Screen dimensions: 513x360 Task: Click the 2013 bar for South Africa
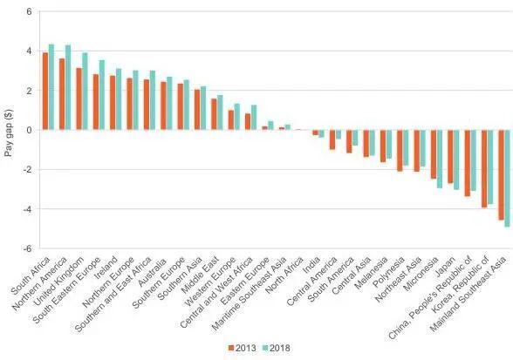click(x=45, y=91)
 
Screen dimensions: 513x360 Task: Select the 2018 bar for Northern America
click(x=68, y=87)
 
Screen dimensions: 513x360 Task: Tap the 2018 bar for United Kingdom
click(x=85, y=92)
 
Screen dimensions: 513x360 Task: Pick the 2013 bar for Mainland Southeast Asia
click(x=501, y=175)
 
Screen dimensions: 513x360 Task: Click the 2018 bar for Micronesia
click(x=440, y=159)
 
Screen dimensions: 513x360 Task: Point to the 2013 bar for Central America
click(x=332, y=139)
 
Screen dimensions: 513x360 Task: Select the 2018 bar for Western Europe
click(x=237, y=117)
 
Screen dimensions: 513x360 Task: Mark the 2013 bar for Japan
click(x=450, y=156)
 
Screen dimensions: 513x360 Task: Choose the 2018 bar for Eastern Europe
click(x=270, y=126)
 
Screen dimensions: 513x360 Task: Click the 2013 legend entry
click(x=243, y=348)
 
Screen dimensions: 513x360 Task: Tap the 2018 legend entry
click(x=277, y=348)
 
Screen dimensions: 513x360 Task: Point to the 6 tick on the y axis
click(x=29, y=11)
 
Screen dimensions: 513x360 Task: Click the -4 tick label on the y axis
click(x=27, y=209)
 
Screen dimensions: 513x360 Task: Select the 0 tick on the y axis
click(x=29, y=130)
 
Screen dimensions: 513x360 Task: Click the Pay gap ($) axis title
click(x=9, y=132)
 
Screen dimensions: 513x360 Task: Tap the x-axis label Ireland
click(x=106, y=268)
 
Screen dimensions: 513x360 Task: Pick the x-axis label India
click(x=311, y=265)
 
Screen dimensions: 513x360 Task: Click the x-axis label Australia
click(x=153, y=272)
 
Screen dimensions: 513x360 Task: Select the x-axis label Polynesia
click(x=389, y=272)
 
